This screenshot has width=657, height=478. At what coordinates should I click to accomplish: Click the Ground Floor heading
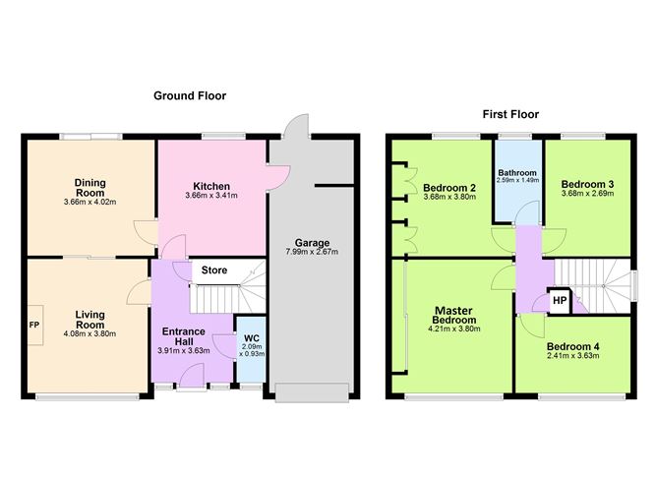(190, 96)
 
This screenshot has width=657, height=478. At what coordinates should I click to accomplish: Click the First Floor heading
(510, 114)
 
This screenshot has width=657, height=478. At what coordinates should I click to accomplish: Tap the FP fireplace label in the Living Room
(34, 325)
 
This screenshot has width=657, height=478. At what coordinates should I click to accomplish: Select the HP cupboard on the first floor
(560, 300)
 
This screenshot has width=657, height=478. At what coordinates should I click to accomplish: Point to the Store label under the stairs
(214, 270)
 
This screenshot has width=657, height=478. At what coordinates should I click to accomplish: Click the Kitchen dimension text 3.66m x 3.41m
(211, 196)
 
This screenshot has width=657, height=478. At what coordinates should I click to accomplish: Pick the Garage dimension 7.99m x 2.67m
(312, 252)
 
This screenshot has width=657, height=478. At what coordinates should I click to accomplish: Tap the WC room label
(252, 338)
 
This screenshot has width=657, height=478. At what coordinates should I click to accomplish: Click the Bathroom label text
(517, 172)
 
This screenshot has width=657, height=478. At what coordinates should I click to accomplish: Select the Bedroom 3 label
(587, 184)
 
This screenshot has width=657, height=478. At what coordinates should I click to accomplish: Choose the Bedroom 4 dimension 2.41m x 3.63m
(572, 356)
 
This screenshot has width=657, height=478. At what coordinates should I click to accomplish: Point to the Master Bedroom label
(453, 315)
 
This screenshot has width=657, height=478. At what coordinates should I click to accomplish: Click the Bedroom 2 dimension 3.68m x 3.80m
(449, 197)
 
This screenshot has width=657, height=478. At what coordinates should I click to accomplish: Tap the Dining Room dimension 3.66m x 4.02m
(90, 202)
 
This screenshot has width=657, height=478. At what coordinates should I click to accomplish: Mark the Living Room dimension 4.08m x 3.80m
(90, 333)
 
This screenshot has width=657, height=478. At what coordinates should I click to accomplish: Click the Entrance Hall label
(184, 336)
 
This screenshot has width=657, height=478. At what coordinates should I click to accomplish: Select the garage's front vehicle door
(312, 392)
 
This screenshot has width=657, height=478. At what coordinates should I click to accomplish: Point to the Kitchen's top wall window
(223, 136)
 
